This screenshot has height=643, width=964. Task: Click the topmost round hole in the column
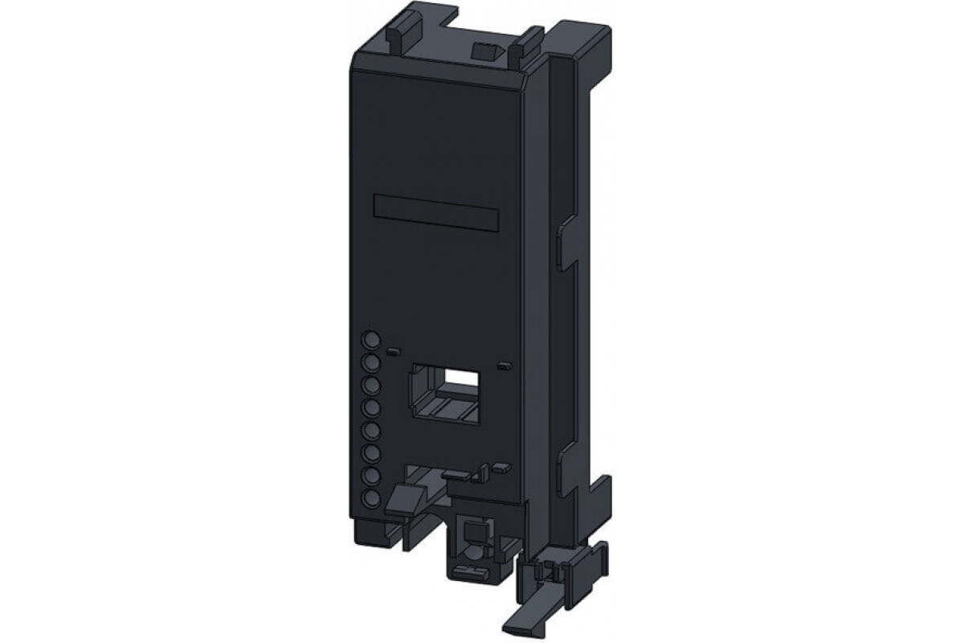click(370, 339)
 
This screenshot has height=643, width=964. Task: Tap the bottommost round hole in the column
click(370, 499)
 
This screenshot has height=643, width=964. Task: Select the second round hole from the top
click(370, 363)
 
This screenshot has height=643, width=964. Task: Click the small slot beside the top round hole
click(393, 352)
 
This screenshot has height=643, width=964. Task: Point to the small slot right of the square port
click(504, 367)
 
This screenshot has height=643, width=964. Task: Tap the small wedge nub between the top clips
click(481, 51)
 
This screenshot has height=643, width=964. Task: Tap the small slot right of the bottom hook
click(502, 466)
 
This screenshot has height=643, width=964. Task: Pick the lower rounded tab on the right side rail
click(566, 459)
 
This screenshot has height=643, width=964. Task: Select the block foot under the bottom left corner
click(367, 530)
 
